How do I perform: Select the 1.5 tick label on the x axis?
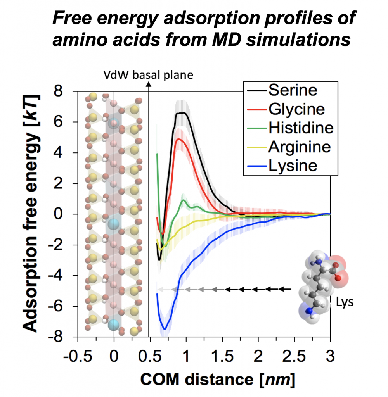(222, 355)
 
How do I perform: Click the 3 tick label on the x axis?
(330, 355)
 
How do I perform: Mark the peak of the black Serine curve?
(182, 113)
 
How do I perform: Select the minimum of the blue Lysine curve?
(165, 329)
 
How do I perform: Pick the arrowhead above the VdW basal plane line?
(149, 85)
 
